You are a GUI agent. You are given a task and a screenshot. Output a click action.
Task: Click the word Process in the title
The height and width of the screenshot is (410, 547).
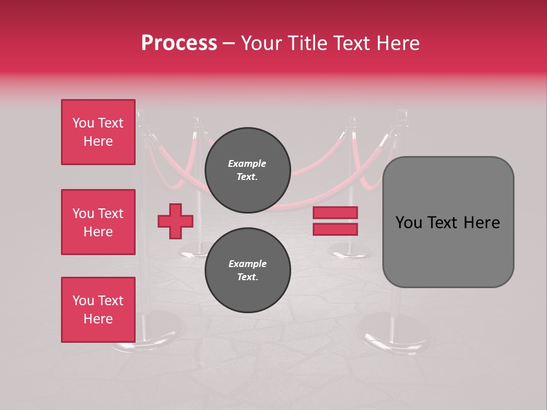coord(179,43)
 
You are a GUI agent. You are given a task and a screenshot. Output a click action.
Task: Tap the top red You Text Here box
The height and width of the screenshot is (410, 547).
coord(98,132)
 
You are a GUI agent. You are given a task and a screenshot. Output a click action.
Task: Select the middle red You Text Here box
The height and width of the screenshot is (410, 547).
coord(98,222)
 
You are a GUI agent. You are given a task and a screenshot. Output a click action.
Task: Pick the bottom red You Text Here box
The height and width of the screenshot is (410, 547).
coord(98,310)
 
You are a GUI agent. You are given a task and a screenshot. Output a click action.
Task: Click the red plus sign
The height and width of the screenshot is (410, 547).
coord(175,221)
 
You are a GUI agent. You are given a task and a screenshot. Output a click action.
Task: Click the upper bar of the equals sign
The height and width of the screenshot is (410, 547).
coord(335,213)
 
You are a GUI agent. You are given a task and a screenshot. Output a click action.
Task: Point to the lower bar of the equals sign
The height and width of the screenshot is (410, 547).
coord(335,229)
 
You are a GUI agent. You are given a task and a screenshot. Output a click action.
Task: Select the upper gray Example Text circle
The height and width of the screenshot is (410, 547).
coord(248,170)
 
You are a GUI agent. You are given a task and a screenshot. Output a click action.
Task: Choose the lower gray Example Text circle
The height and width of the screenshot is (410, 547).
coord(248,270)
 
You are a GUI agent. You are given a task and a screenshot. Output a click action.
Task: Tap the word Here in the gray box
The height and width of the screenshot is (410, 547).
coord(481,223)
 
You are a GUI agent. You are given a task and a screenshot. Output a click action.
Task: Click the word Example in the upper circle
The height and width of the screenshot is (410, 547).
coord(247,163)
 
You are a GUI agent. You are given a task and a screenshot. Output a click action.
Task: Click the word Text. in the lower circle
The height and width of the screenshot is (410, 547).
coord(247,277)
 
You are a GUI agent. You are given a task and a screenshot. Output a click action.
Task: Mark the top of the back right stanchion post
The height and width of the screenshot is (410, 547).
coord(353,121)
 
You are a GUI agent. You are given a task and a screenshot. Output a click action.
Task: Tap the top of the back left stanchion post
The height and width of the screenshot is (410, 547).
coord(197,121)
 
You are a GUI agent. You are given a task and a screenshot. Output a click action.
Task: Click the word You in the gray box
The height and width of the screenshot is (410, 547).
coord(408,223)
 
